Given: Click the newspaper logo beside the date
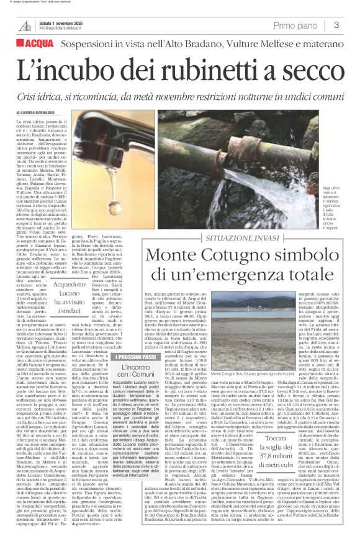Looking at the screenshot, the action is tap(25, 25).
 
